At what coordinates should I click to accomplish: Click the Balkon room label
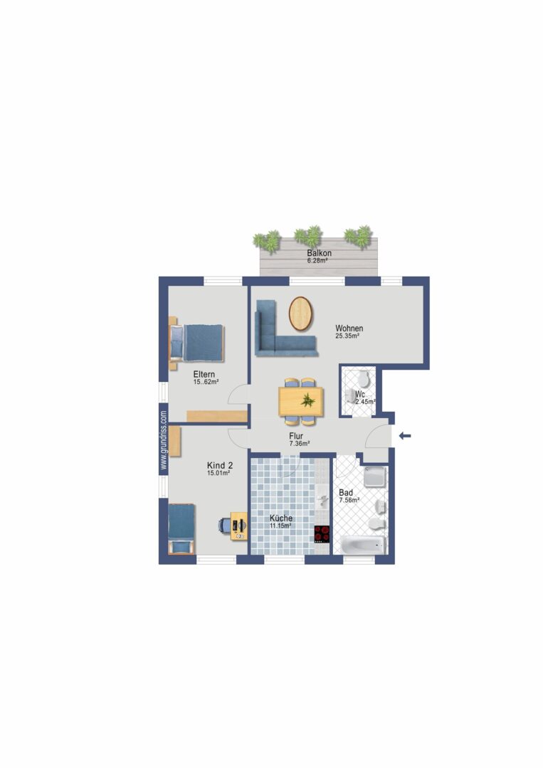click(319, 253)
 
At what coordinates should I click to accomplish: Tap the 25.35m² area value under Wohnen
click(347, 336)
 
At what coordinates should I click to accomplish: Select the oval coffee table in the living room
click(301, 314)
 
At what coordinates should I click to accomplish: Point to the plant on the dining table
click(307, 400)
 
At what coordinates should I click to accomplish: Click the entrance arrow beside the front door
click(405, 436)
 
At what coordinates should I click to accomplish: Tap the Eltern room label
click(204, 374)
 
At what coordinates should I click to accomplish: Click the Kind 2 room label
click(220, 465)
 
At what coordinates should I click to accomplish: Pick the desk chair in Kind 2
click(224, 525)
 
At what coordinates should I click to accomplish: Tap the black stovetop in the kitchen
click(322, 534)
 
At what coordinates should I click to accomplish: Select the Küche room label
click(281, 518)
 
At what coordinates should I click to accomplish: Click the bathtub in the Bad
click(364, 545)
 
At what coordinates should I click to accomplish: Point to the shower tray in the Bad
click(375, 477)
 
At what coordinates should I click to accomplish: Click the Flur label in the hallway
click(295, 436)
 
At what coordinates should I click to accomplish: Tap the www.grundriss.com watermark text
click(164, 440)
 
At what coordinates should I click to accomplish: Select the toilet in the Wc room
click(364, 378)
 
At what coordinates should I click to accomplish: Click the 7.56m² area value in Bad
click(349, 501)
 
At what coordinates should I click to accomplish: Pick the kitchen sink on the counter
click(322, 498)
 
